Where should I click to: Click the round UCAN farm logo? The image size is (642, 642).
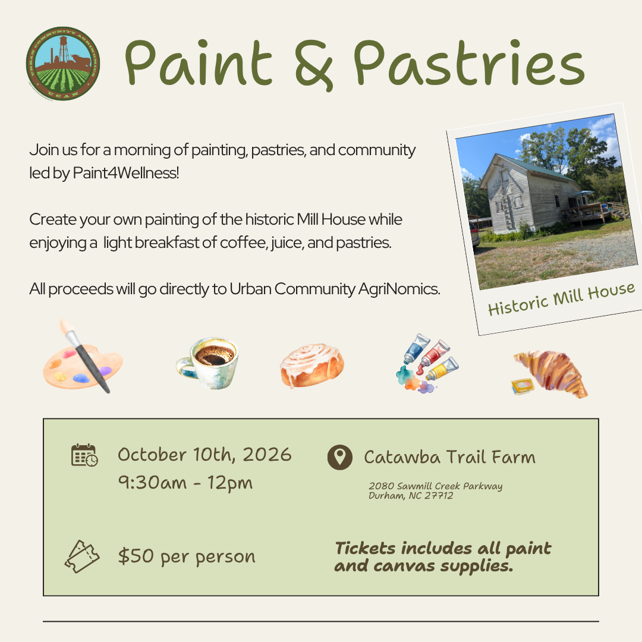62,64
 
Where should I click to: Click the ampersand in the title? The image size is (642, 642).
314,65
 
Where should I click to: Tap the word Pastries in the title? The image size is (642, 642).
469,63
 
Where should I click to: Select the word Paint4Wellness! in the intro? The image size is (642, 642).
125,173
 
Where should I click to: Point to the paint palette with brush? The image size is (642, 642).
83,356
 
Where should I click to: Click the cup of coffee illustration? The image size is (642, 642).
208,363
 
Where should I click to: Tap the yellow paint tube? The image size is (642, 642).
442,368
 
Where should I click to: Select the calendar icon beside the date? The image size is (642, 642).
84,455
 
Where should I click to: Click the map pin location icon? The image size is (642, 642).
340,457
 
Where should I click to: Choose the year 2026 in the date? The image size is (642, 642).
267,455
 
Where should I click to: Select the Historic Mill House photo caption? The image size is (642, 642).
561,299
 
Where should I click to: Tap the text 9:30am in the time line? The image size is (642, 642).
152,482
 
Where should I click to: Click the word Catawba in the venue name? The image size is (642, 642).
402,457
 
